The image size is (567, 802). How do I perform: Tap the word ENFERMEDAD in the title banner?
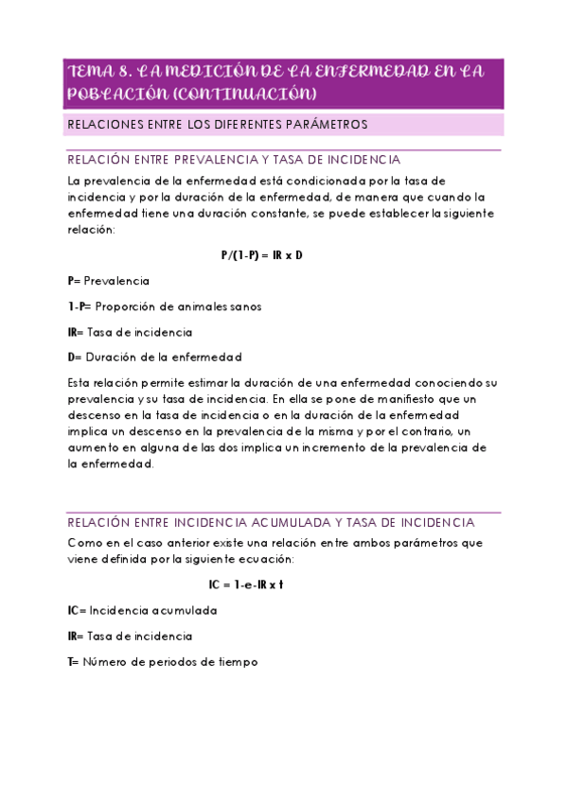tap(370, 72)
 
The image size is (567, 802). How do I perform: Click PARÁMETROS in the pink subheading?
tap(328, 125)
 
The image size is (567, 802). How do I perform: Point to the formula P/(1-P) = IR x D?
tap(261, 255)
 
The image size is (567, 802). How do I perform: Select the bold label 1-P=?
tap(80, 306)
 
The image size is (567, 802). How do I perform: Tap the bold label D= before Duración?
tap(76, 357)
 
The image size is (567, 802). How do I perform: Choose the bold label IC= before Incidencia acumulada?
tap(77, 611)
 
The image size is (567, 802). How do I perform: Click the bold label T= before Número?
tap(74, 662)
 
